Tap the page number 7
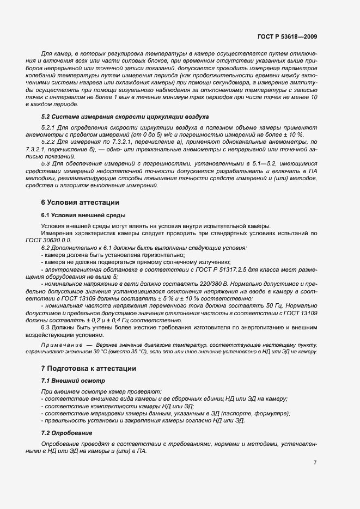click(315, 462)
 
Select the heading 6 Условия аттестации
click(80, 202)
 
